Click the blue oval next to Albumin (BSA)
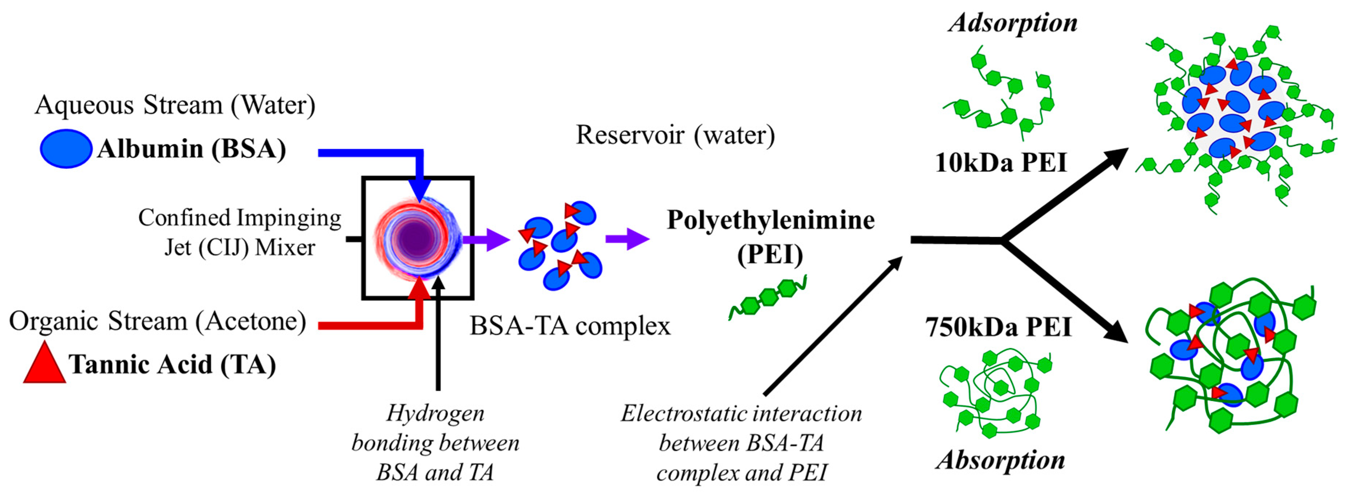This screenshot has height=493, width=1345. [x=66, y=149]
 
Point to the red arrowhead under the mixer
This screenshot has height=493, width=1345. [x=419, y=288]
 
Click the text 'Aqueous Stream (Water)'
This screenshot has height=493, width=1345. [x=175, y=105]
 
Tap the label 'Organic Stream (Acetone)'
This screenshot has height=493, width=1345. [x=157, y=321]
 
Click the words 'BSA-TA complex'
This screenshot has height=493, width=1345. [x=570, y=326]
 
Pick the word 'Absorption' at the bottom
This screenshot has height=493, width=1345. [x=1000, y=460]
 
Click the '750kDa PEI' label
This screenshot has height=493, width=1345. [x=998, y=328]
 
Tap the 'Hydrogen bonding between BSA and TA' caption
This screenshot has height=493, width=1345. [x=435, y=443]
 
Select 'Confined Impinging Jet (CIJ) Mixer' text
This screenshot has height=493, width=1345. [x=240, y=232]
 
